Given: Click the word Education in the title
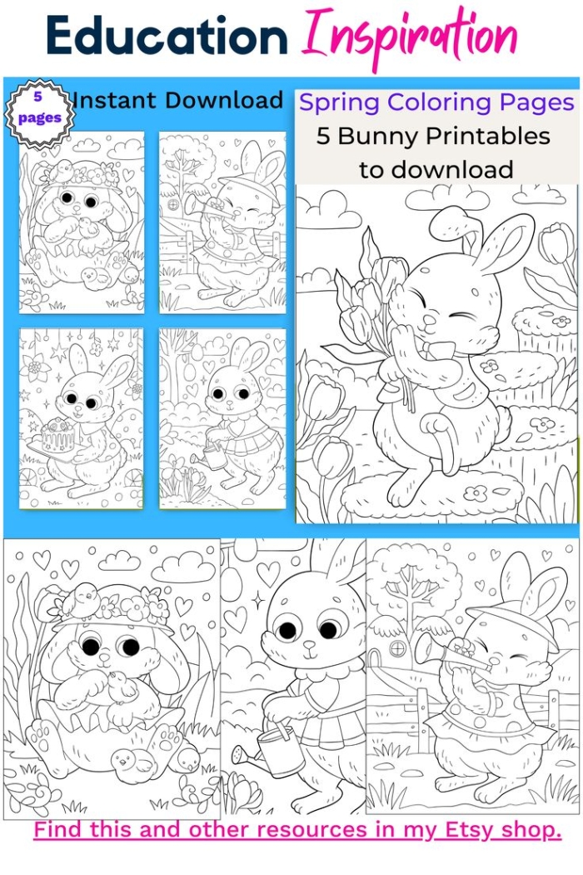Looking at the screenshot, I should (x=167, y=37).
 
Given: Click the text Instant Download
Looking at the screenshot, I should (x=177, y=101).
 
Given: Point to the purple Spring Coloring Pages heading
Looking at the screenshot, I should (x=436, y=102).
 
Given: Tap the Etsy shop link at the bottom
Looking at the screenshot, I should (x=297, y=829).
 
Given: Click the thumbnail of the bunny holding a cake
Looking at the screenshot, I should (x=82, y=418).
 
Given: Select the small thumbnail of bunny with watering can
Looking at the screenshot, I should (x=222, y=418).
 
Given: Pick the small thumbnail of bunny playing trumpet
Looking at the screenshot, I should (x=222, y=222).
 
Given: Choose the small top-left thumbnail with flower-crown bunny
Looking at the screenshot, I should (x=82, y=222).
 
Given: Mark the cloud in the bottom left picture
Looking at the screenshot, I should (x=183, y=567).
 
